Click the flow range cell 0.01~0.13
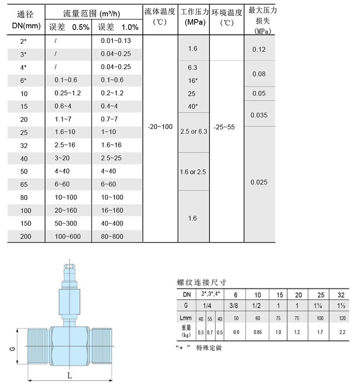tap(116, 40)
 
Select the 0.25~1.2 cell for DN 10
tap(67, 93)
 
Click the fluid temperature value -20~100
tap(160, 127)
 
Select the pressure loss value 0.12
tap(259, 49)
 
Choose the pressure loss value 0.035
tap(259, 115)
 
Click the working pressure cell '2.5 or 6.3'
tap(194, 132)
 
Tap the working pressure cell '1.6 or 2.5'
tap(194, 172)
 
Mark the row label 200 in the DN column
tap(26, 237)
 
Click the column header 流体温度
tap(160, 11)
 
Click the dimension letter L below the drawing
tap(69, 375)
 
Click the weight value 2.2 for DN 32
tap(342, 332)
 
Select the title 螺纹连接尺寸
tap(202, 282)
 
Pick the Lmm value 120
tap(342, 318)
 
